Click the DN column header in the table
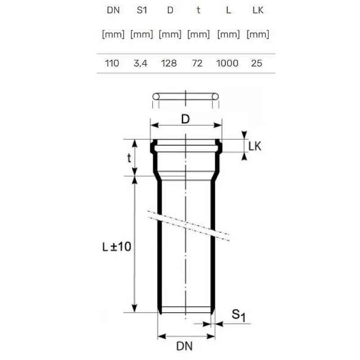[113, 10]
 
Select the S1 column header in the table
[141, 10]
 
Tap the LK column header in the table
[257, 10]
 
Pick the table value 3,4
[140, 63]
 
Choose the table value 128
[169, 63]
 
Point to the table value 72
[198, 63]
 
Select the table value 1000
[227, 63]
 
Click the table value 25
[256, 63]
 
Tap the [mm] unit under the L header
[228, 35]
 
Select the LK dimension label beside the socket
[255, 146]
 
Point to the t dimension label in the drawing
[129, 157]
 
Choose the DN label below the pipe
[184, 346]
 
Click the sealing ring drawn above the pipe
[185, 96]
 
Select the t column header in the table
[198, 10]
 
